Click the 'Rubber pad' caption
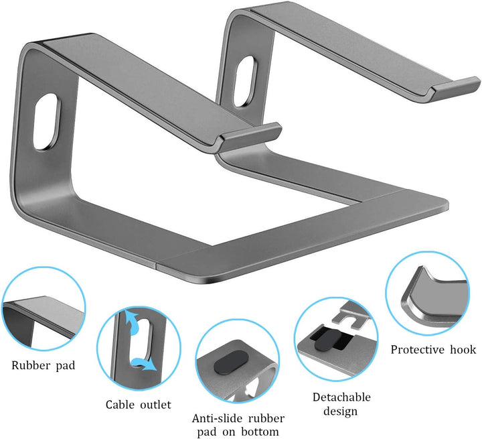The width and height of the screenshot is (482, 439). (x=43, y=366)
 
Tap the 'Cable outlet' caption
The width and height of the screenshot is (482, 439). (x=139, y=404)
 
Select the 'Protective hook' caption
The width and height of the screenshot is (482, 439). (x=433, y=349)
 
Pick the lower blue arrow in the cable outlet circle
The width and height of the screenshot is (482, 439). (x=142, y=364)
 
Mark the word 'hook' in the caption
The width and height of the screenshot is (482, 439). (x=463, y=349)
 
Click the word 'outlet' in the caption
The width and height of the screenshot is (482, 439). (x=155, y=404)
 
